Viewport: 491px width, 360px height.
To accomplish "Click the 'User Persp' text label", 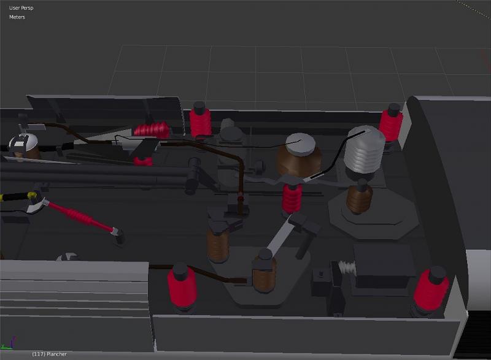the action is (x=21, y=8).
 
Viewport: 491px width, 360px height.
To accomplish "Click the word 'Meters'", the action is (x=17, y=17).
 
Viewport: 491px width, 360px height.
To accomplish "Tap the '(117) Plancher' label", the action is (x=49, y=354).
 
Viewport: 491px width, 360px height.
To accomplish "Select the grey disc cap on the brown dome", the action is (x=300, y=144).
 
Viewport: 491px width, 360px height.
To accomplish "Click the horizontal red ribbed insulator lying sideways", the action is (x=152, y=130).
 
